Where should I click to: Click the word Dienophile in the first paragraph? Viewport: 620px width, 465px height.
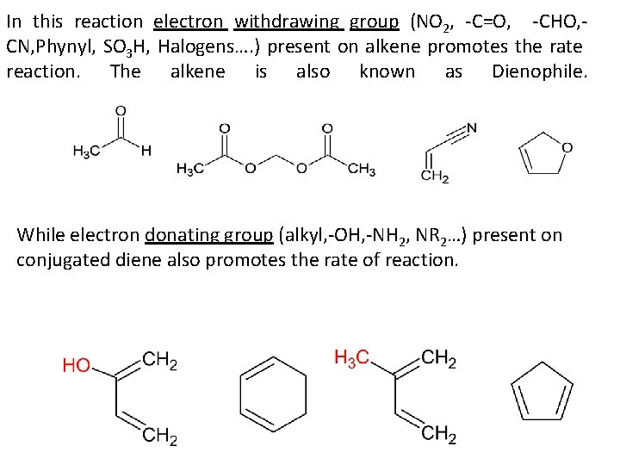coord(540,72)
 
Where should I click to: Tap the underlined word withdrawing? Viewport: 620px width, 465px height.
coord(288,22)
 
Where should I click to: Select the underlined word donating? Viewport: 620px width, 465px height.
coord(181,234)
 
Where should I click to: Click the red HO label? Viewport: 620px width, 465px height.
coord(76,366)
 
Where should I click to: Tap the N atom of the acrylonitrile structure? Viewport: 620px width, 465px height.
coord(471,129)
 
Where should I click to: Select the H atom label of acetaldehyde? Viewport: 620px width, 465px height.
coord(146,150)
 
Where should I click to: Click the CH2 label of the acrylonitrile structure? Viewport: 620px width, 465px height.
coord(435,176)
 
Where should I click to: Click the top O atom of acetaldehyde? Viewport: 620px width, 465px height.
coord(120,111)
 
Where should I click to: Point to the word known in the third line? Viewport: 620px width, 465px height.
coord(387,72)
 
